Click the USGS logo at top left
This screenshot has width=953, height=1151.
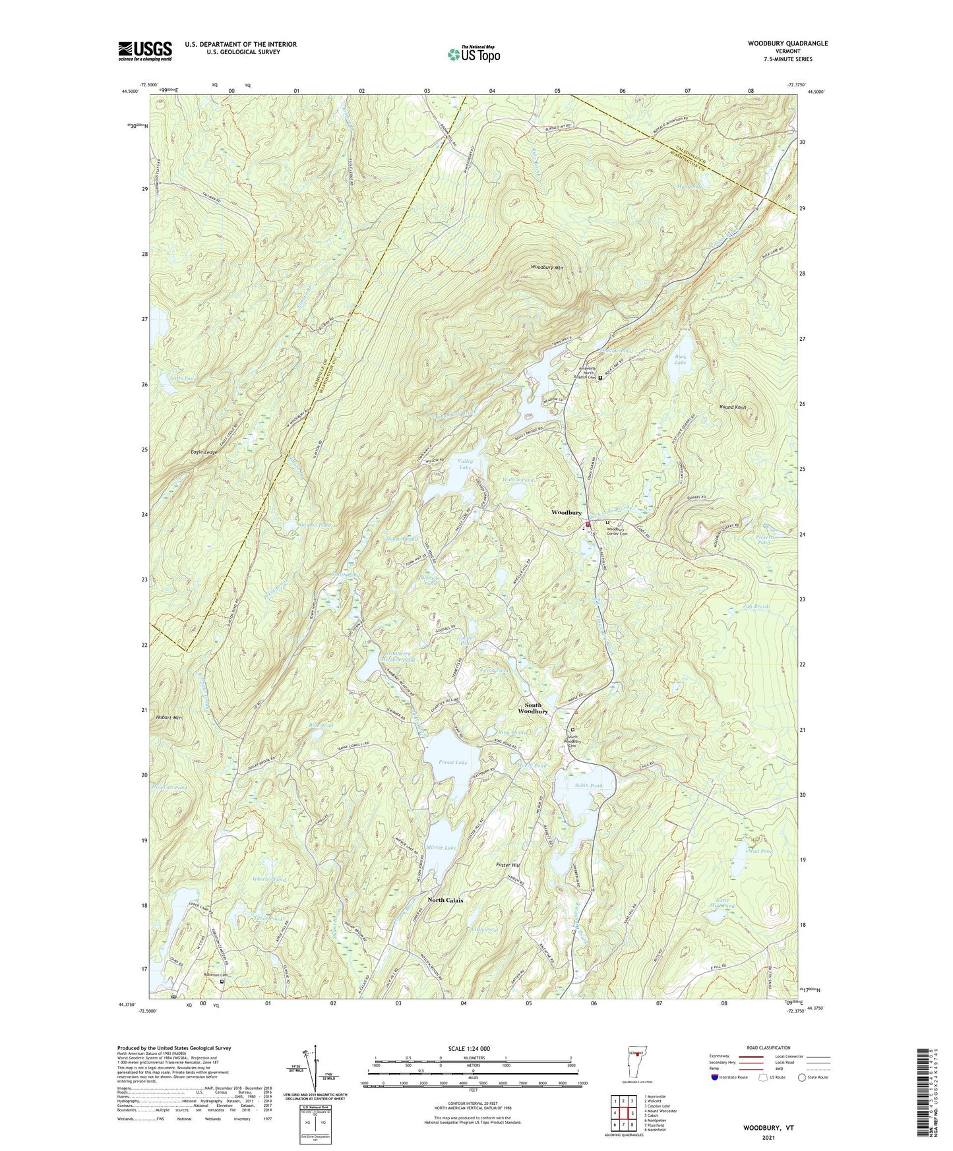145,51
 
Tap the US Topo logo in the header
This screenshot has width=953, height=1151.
473,54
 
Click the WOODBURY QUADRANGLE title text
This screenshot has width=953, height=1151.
787,44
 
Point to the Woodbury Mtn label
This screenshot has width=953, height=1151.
547,268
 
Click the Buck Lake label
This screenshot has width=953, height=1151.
680,360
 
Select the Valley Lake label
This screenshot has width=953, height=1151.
466,464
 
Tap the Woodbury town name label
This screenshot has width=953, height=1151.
566,512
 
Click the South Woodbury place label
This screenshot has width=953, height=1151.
532,708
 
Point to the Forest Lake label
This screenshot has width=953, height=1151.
452,762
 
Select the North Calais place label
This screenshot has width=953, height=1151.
445,900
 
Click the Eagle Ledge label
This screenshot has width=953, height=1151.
204,452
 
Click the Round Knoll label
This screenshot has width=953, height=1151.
733,407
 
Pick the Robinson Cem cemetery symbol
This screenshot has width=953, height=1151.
222,981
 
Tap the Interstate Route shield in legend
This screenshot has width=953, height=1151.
716,1077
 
